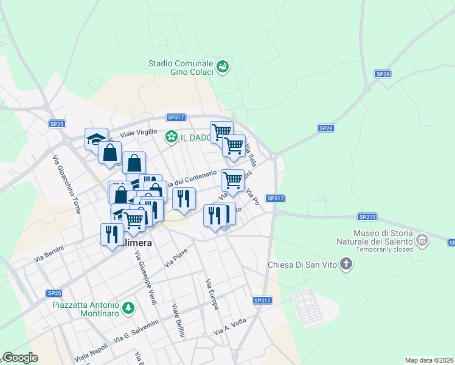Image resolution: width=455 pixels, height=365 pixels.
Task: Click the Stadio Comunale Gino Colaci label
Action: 181,68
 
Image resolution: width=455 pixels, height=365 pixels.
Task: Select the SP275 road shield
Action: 367,217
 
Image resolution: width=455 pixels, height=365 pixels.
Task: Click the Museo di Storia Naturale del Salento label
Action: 383,238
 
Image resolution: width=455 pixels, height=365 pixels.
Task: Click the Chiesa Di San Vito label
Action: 302,265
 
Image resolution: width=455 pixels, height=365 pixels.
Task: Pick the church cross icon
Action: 346,264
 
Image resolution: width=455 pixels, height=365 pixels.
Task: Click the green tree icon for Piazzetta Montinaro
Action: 128,308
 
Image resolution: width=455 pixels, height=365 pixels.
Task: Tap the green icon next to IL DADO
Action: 172,137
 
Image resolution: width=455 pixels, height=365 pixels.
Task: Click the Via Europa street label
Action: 212,294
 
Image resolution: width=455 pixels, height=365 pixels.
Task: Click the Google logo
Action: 20,358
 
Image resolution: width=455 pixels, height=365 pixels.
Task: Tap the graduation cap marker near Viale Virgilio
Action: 96,139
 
